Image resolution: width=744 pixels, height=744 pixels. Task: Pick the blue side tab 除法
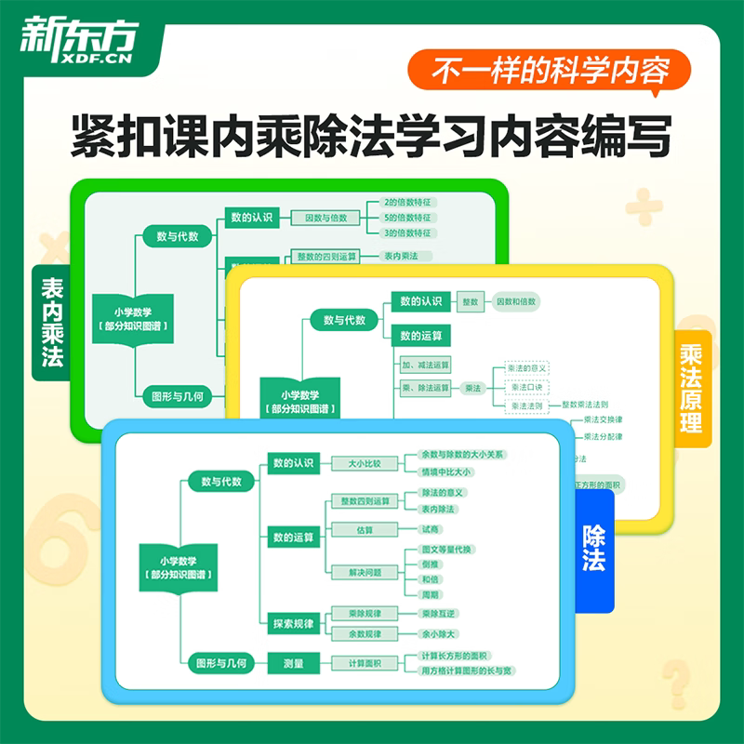(593, 549)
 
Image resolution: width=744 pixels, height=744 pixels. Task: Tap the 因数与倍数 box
(325, 218)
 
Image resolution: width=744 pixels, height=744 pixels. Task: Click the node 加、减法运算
(425, 365)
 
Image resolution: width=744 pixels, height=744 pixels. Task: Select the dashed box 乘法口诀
(527, 388)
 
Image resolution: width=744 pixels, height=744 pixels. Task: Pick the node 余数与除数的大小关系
(462, 455)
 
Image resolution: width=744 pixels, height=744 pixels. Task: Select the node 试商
(430, 528)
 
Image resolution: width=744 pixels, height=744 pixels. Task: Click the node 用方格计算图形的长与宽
(466, 671)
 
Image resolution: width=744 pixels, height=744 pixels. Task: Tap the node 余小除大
(437, 633)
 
